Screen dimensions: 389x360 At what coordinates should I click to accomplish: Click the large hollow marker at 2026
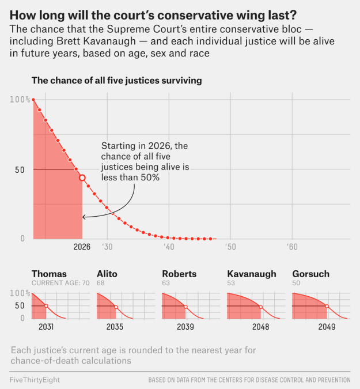coord(82,178)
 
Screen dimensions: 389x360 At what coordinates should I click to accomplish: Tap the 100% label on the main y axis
coord(20,100)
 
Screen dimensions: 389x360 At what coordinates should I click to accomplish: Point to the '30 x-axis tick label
coord(107,247)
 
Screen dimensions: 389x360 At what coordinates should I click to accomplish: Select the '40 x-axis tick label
coord(169,247)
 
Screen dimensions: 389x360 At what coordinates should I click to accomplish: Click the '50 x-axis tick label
coord(230,247)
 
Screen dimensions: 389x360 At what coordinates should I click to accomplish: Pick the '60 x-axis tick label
coord(292,247)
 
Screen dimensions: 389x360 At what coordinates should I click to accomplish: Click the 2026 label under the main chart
coord(82,247)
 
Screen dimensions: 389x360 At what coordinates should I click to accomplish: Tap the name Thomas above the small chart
coord(49,274)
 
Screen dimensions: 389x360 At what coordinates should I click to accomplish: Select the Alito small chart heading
coord(108,274)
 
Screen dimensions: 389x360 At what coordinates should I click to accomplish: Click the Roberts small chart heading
coord(179,274)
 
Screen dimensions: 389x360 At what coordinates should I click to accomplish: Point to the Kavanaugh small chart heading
coord(252,274)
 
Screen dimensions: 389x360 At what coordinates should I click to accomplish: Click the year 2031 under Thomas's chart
coord(46,327)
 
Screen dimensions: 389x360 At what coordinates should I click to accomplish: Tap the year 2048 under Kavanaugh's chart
coord(261,327)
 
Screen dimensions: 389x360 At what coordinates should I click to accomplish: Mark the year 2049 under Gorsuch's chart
coord(327,327)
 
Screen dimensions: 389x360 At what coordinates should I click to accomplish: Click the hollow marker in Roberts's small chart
coord(186,307)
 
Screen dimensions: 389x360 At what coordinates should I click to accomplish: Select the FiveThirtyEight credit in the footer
coord(35,380)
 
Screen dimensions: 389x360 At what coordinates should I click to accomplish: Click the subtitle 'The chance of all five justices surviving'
coord(116,81)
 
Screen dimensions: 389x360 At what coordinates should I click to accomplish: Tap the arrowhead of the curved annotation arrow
coord(84,217)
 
